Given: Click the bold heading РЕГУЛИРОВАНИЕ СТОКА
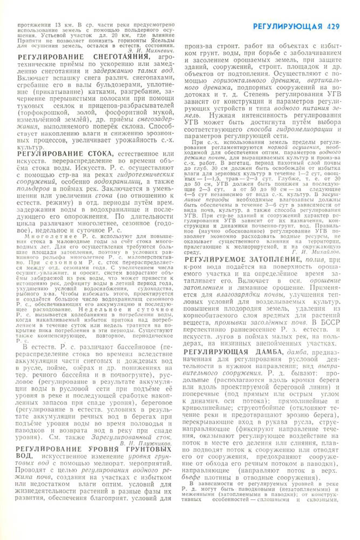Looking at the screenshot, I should pyautogui.click(x=65, y=154).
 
